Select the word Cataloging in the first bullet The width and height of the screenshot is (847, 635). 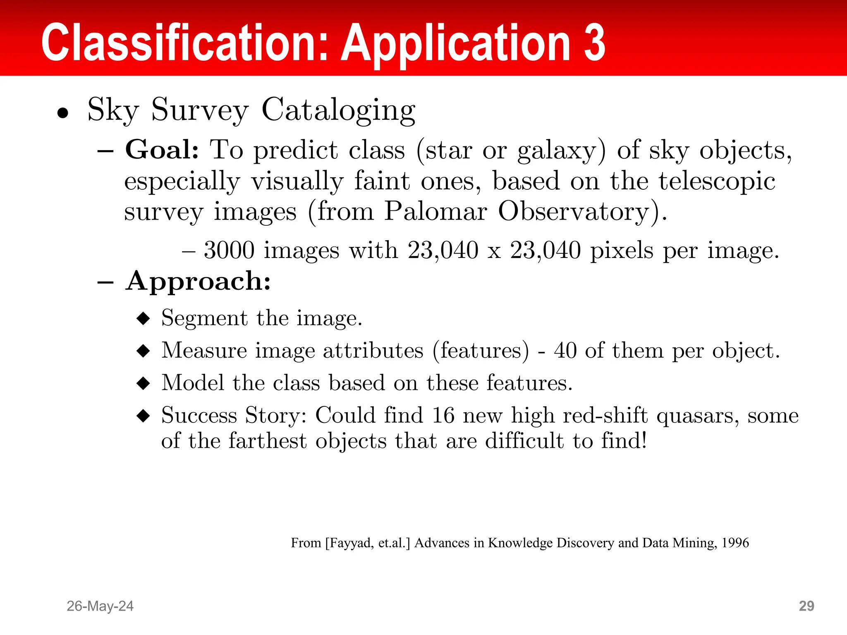(338, 111)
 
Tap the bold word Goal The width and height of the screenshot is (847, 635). (162, 150)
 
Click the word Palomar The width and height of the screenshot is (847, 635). (435, 212)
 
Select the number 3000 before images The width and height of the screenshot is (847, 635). (229, 251)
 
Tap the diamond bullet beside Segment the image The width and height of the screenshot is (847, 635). (143, 318)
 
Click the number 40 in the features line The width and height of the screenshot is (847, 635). (565, 351)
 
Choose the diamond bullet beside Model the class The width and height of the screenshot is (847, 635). (143, 383)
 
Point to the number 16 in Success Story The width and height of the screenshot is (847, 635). (443, 415)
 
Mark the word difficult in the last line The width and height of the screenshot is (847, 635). (524, 441)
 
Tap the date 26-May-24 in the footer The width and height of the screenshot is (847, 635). (100, 606)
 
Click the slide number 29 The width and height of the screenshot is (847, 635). (806, 606)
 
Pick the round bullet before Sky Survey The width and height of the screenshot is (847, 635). (63, 113)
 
